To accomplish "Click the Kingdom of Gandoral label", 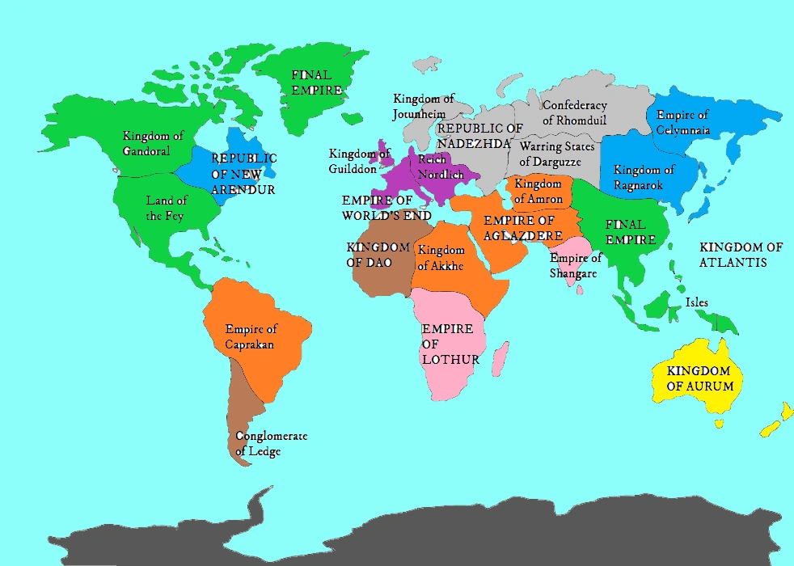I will coord(153,143).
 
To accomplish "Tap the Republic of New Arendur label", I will coord(243,174).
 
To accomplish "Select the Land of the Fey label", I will coord(167,208).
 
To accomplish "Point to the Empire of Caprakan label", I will coord(251,336).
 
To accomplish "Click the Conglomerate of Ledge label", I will coord(271,444).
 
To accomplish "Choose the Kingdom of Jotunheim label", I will coord(424,106).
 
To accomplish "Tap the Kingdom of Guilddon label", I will coord(360,161).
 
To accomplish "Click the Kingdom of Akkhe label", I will coord(441,258).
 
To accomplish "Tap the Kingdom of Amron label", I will coord(538,192).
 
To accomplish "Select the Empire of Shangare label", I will coord(576,266).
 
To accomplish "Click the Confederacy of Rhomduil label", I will coord(574,113).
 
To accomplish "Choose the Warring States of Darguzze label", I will coord(557,154).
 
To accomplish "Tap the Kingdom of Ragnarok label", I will coord(644,178).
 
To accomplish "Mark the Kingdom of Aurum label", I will coord(700,378).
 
